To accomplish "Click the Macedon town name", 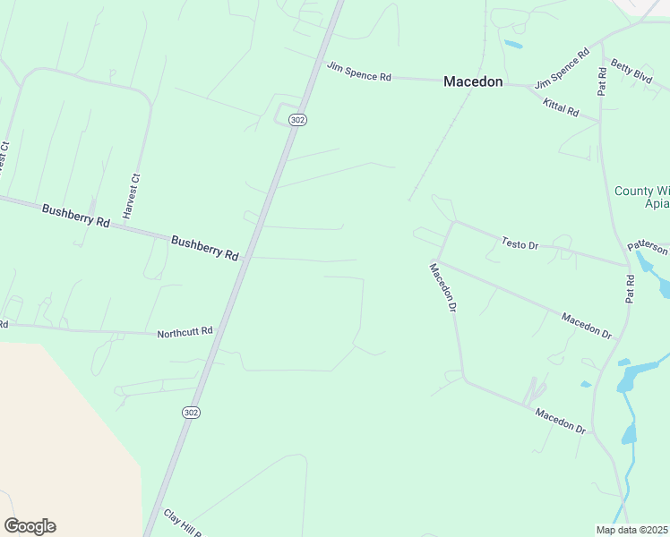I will click(x=474, y=81).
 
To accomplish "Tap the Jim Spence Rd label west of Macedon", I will click(x=359, y=72).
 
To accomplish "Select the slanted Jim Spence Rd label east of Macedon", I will click(x=562, y=69).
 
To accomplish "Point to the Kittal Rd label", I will click(x=561, y=109).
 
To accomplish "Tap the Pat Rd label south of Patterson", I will click(x=630, y=292).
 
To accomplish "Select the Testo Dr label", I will click(x=520, y=243).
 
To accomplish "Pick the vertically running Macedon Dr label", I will click(x=442, y=287).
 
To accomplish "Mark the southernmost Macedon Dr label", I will click(x=560, y=421).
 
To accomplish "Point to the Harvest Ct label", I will click(x=133, y=197).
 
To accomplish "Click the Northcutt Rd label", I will click(x=185, y=332).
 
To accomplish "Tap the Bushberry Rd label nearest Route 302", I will click(x=204, y=248).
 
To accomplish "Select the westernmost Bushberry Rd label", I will click(x=75, y=216).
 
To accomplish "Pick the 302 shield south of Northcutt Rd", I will click(x=190, y=412).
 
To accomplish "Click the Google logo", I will click(x=30, y=526).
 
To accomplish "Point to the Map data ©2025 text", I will click(x=631, y=530).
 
